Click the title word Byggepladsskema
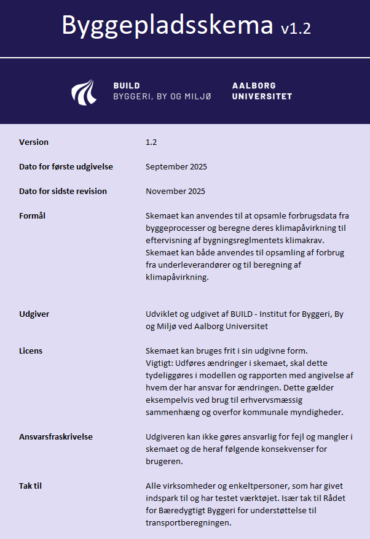(x=167, y=25)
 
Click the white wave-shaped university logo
(x=84, y=91)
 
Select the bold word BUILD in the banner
(x=127, y=85)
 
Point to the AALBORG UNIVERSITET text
(x=262, y=91)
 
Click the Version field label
(x=34, y=142)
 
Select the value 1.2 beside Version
(x=151, y=142)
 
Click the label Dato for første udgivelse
(x=66, y=166)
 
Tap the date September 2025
(x=176, y=166)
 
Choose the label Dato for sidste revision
(x=63, y=191)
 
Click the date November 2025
(x=176, y=191)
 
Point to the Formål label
(x=33, y=215)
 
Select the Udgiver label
(x=34, y=314)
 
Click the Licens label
(x=31, y=351)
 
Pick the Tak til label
(x=31, y=486)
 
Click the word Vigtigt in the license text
(x=159, y=362)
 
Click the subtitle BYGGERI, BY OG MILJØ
(x=162, y=96)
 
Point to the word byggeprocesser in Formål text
(x=175, y=228)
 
